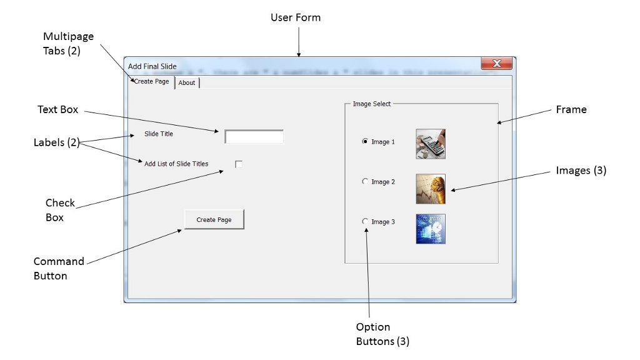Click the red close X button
[x=497, y=64]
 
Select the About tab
[x=187, y=82]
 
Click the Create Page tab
[x=152, y=82]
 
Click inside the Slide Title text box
[x=254, y=137]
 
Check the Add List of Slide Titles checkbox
[x=239, y=164]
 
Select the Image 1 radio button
[x=366, y=142]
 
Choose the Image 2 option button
[x=366, y=182]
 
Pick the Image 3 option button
[x=366, y=222]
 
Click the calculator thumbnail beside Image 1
[x=431, y=144]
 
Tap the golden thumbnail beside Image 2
[x=431, y=189]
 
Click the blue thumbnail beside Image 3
[x=431, y=229]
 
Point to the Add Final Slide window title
[x=152, y=66]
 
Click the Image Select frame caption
[x=371, y=104]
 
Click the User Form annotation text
[x=296, y=17]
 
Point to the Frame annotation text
[x=571, y=110]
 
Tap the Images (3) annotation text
[x=581, y=171]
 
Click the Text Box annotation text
[x=58, y=110]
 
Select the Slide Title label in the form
[x=159, y=134]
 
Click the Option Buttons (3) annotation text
[x=382, y=334]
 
